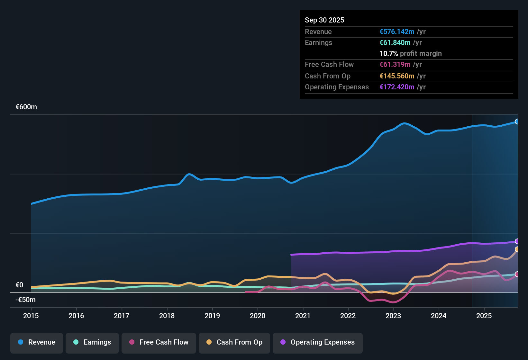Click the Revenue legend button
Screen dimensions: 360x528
pos(37,343)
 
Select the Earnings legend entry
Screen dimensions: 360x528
pos(92,343)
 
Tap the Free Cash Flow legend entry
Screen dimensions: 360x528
pos(159,343)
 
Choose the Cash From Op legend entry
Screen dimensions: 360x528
pos(234,343)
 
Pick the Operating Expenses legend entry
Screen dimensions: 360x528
pos(318,343)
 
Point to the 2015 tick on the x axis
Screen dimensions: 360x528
pos(31,316)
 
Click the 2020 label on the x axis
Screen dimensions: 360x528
pos(258,316)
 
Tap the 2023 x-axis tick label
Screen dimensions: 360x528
pos(393,316)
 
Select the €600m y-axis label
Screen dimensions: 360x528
pos(26,107)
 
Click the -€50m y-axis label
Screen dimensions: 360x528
pos(26,300)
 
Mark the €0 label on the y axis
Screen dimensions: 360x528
pos(20,285)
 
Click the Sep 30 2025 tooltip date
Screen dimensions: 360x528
pos(324,20)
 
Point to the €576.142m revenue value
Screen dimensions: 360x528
pos(397,32)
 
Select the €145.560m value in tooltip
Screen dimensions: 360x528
pos(397,76)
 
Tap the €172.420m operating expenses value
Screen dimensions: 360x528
pos(397,87)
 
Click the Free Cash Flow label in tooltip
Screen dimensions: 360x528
pos(329,65)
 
